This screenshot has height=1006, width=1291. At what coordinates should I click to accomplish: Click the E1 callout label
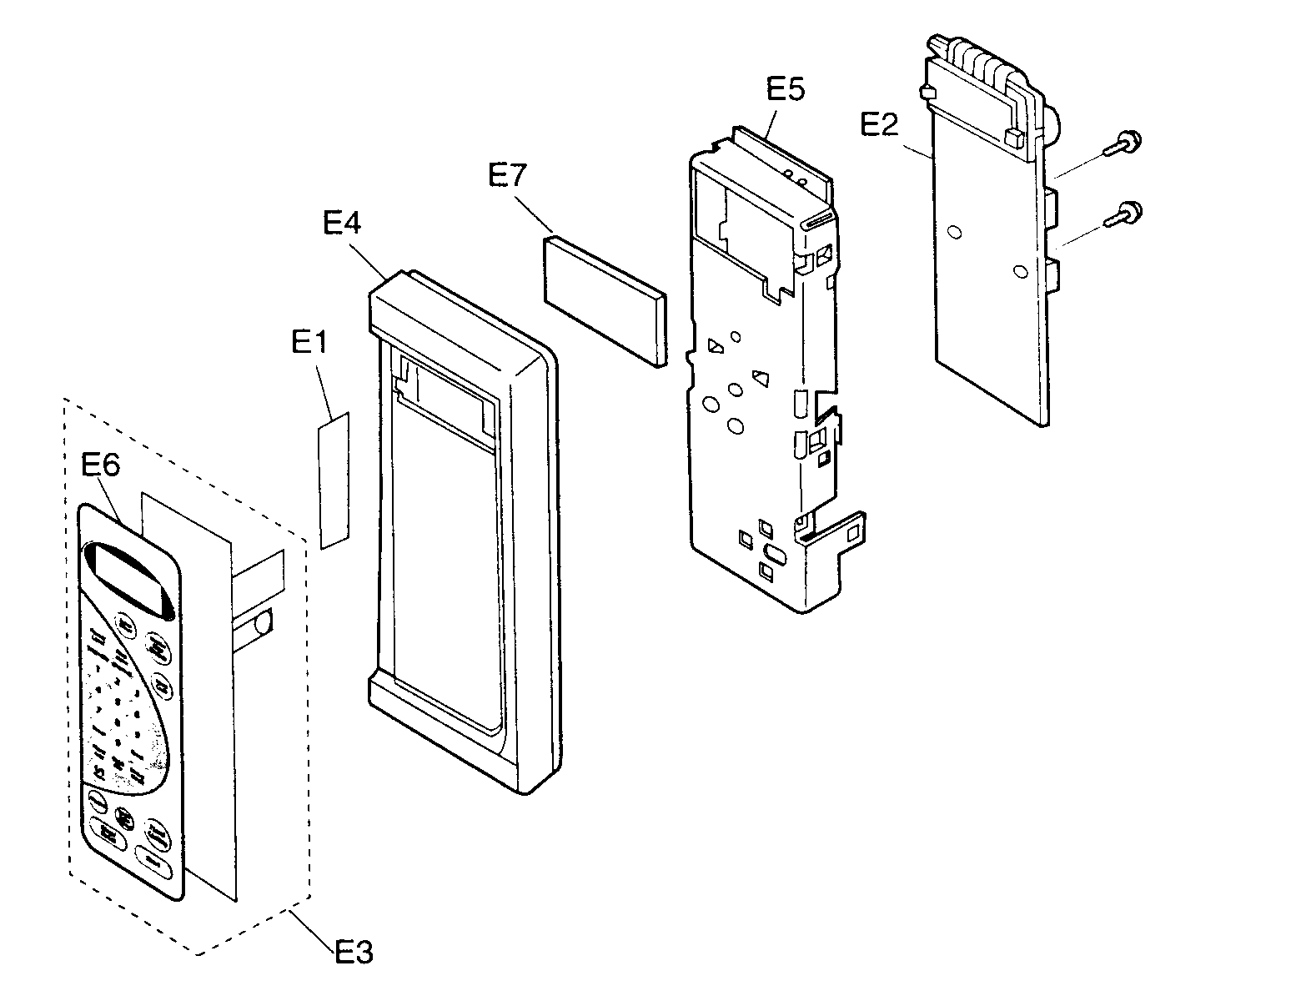309,343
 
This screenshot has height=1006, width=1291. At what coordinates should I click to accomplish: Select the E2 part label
879,125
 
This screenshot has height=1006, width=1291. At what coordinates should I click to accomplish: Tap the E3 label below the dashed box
354,951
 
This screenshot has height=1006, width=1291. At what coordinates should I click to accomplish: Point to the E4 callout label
342,224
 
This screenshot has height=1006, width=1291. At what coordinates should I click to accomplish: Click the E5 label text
785,88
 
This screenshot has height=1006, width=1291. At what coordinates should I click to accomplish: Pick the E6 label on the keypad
101,465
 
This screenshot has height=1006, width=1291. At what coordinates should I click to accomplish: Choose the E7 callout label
509,178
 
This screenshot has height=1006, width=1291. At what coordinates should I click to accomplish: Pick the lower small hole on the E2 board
1017,270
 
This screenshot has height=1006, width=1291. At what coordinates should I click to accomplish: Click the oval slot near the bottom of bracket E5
772,552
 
